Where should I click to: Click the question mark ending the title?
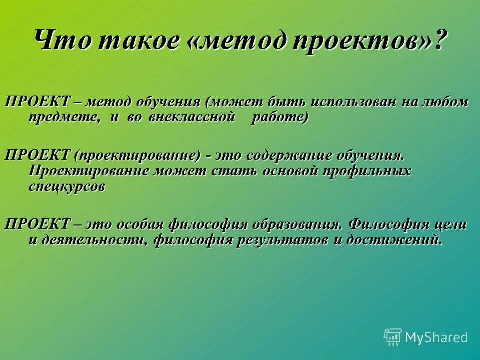[x=439, y=40]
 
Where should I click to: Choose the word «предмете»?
[x=60, y=118]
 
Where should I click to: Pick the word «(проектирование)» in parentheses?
[x=138, y=155]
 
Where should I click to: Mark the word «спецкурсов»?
[x=67, y=187]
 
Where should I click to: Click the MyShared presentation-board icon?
[x=393, y=337]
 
